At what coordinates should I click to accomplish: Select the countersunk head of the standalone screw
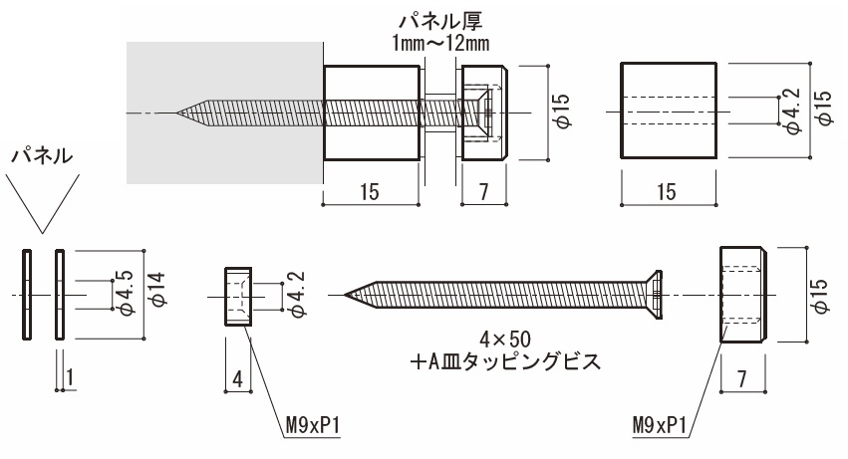pyautogui.click(x=654, y=295)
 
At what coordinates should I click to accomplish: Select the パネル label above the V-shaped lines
pyautogui.click(x=41, y=156)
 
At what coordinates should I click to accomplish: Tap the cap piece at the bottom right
pyautogui.click(x=742, y=295)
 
